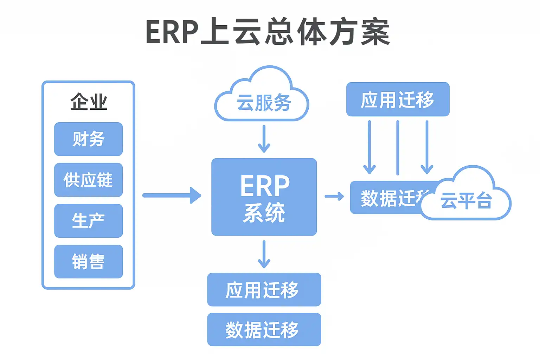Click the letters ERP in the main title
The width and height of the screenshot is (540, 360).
(172, 32)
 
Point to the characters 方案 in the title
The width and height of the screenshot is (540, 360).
(359, 32)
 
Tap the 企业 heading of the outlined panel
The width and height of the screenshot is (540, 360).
(89, 102)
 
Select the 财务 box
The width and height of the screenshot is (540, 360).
(89, 139)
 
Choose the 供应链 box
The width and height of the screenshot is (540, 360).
(89, 180)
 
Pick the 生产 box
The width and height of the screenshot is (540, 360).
(89, 220)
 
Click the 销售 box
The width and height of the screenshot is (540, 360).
(89, 261)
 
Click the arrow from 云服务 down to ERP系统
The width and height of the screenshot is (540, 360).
(264, 139)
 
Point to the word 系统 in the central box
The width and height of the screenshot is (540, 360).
(264, 212)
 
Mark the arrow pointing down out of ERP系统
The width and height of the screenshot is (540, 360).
(264, 254)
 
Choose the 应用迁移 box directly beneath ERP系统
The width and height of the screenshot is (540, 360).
(264, 289)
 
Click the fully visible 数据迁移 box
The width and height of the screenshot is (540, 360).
(264, 329)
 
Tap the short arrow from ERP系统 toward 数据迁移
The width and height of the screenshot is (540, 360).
(334, 196)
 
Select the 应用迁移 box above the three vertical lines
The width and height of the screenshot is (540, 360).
(398, 99)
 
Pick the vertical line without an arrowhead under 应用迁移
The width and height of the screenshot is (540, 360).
(398, 148)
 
